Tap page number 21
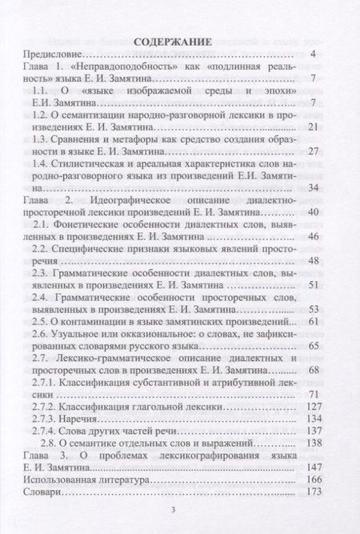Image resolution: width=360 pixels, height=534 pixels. pos(313,127)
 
